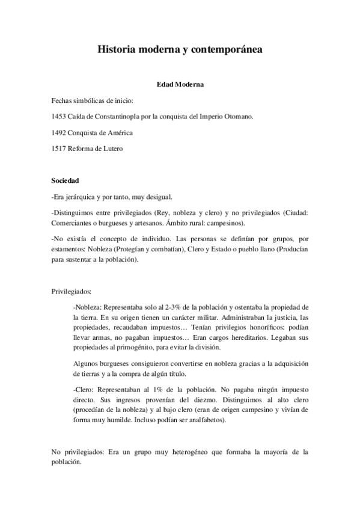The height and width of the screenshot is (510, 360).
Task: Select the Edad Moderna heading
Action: point(180,85)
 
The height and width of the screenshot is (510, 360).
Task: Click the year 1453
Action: point(60,116)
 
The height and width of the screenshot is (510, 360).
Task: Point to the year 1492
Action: point(60,132)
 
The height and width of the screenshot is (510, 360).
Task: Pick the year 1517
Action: point(60,149)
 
